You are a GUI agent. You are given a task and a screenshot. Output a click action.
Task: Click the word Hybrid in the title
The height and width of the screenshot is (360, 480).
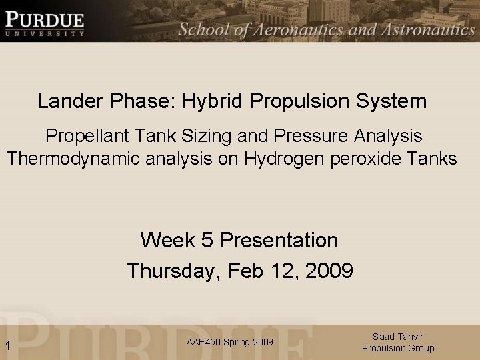tap(214, 101)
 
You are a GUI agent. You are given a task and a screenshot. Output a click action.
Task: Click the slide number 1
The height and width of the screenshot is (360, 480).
tap(7, 345)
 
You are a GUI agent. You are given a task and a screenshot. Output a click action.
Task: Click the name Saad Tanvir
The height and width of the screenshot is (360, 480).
tap(398, 337)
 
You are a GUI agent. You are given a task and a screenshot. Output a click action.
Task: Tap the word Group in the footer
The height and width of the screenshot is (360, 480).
tap(421, 348)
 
